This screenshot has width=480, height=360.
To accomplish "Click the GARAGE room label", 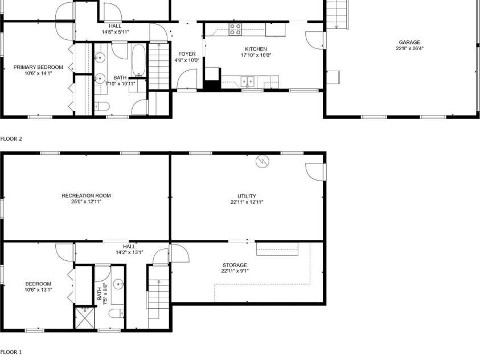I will point(409,42).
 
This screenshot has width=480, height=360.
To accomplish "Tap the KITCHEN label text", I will point(256,49).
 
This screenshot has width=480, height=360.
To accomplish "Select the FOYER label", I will point(187,54).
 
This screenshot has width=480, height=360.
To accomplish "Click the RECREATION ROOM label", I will point(86,195).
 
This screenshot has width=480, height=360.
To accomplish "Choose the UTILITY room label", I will point(247,196).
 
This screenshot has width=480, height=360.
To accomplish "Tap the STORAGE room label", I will point(235,265).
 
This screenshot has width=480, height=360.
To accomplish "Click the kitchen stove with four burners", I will point(236,29).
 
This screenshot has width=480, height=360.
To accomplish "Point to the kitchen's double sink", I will point(248,81).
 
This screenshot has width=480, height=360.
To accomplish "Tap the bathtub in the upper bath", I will point(138,62).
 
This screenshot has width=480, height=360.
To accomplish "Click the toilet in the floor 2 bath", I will point(102,105).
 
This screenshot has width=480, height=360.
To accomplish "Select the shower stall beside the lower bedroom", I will point(84,317).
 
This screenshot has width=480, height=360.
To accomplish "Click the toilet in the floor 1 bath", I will point(117,314).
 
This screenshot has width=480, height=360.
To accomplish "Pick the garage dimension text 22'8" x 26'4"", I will point(409,48).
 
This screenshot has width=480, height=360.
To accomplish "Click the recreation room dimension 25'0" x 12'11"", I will point(86,202).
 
